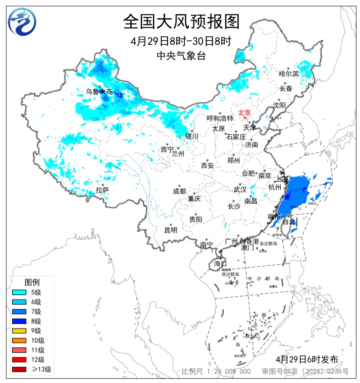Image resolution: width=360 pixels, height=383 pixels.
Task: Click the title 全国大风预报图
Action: click(181, 21)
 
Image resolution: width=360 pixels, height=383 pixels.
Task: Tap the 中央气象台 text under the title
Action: click(181, 55)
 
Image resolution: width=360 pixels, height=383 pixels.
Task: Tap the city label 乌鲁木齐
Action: click(99, 91)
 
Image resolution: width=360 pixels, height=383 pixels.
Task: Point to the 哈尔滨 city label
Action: click(289, 74)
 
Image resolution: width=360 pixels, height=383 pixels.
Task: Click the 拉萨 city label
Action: click(102, 190)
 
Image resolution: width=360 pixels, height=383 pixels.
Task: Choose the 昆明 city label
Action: click(171, 230)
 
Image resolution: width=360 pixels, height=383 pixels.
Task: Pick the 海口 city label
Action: click(220, 264)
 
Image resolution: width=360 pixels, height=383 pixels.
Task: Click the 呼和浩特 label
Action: click(220, 119)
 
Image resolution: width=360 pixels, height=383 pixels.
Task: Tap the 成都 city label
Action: click(179, 191)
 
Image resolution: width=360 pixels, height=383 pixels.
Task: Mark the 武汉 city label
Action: click(240, 190)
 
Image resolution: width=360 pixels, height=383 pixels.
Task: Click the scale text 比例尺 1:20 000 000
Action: click(216, 371)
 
